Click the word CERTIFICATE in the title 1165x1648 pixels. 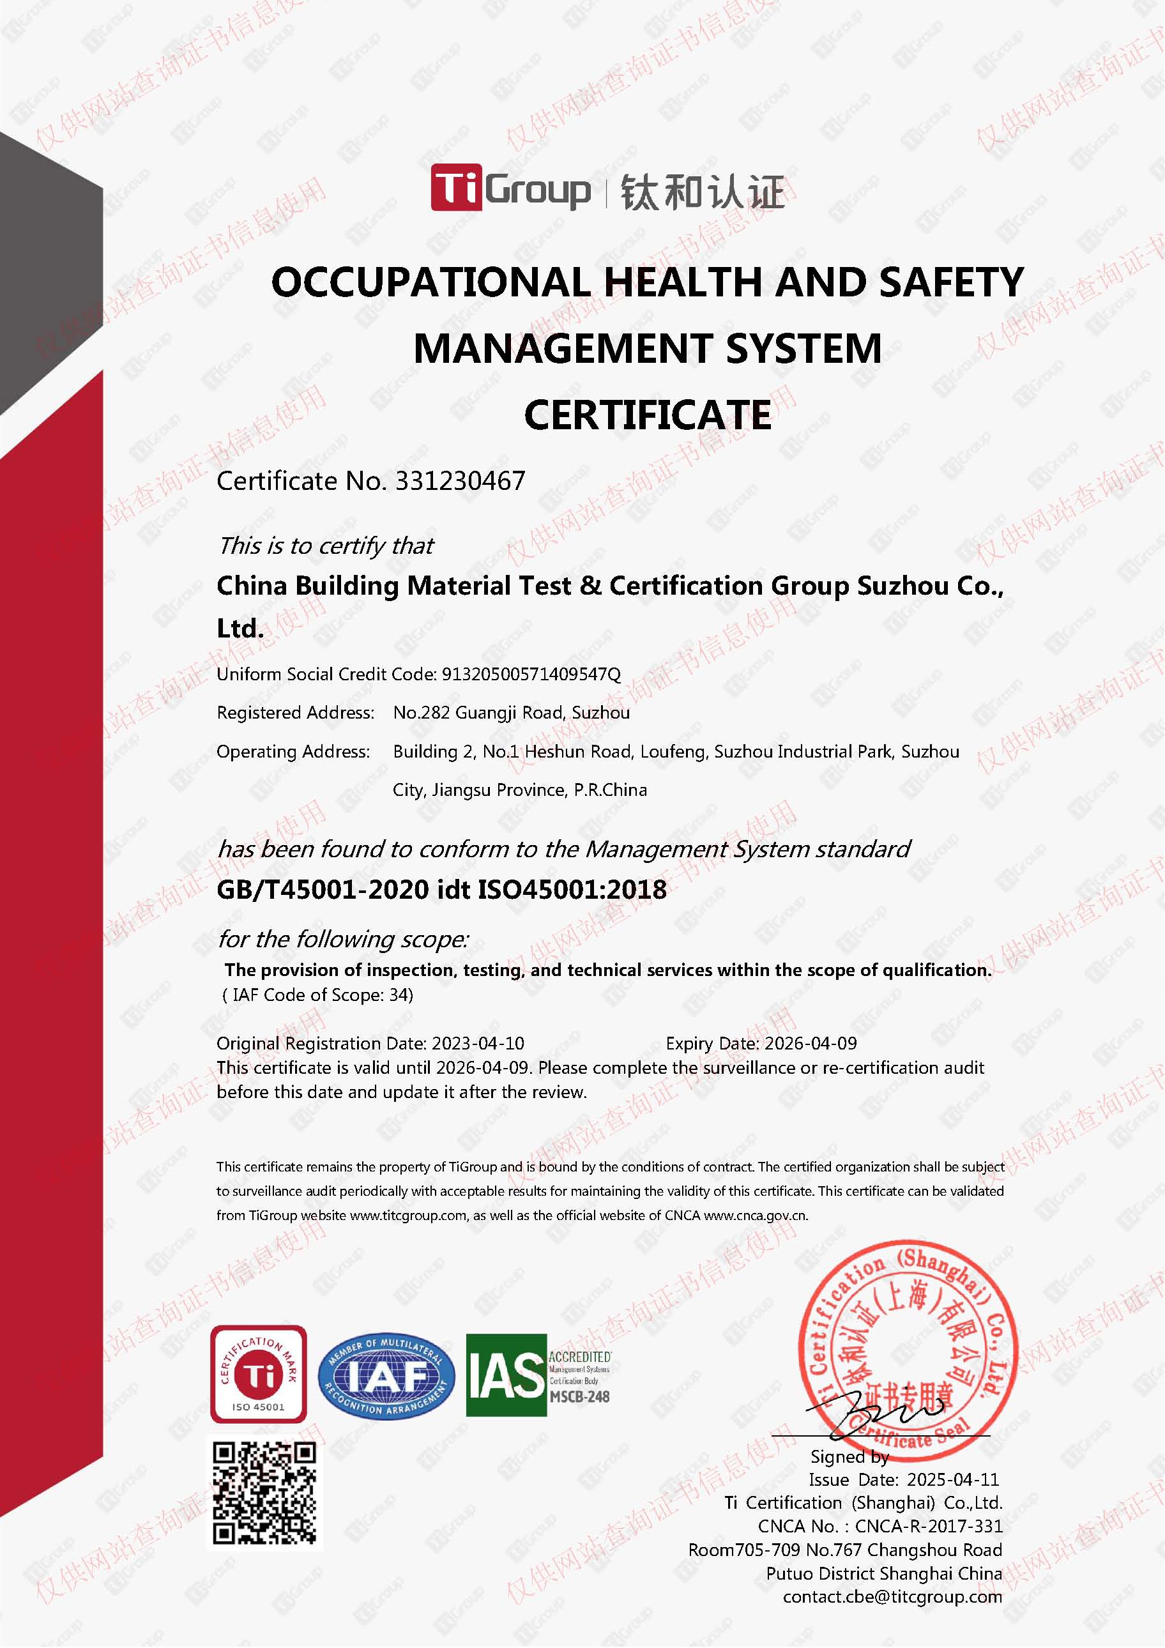(647, 415)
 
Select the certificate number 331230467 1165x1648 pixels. (460, 481)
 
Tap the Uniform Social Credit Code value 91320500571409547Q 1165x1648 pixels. (531, 674)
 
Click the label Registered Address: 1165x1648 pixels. (295, 713)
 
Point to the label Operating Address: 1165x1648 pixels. (293, 752)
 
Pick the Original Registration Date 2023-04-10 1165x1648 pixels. (477, 1043)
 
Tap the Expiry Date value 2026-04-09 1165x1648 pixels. (811, 1043)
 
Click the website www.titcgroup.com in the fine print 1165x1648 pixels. (407, 1215)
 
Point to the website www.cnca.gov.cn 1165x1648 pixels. (755, 1215)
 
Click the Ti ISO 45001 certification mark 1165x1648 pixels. (259, 1374)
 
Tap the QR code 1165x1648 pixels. (264, 1493)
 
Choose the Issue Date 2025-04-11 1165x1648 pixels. (952, 1479)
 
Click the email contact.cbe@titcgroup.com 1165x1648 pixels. (892, 1596)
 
